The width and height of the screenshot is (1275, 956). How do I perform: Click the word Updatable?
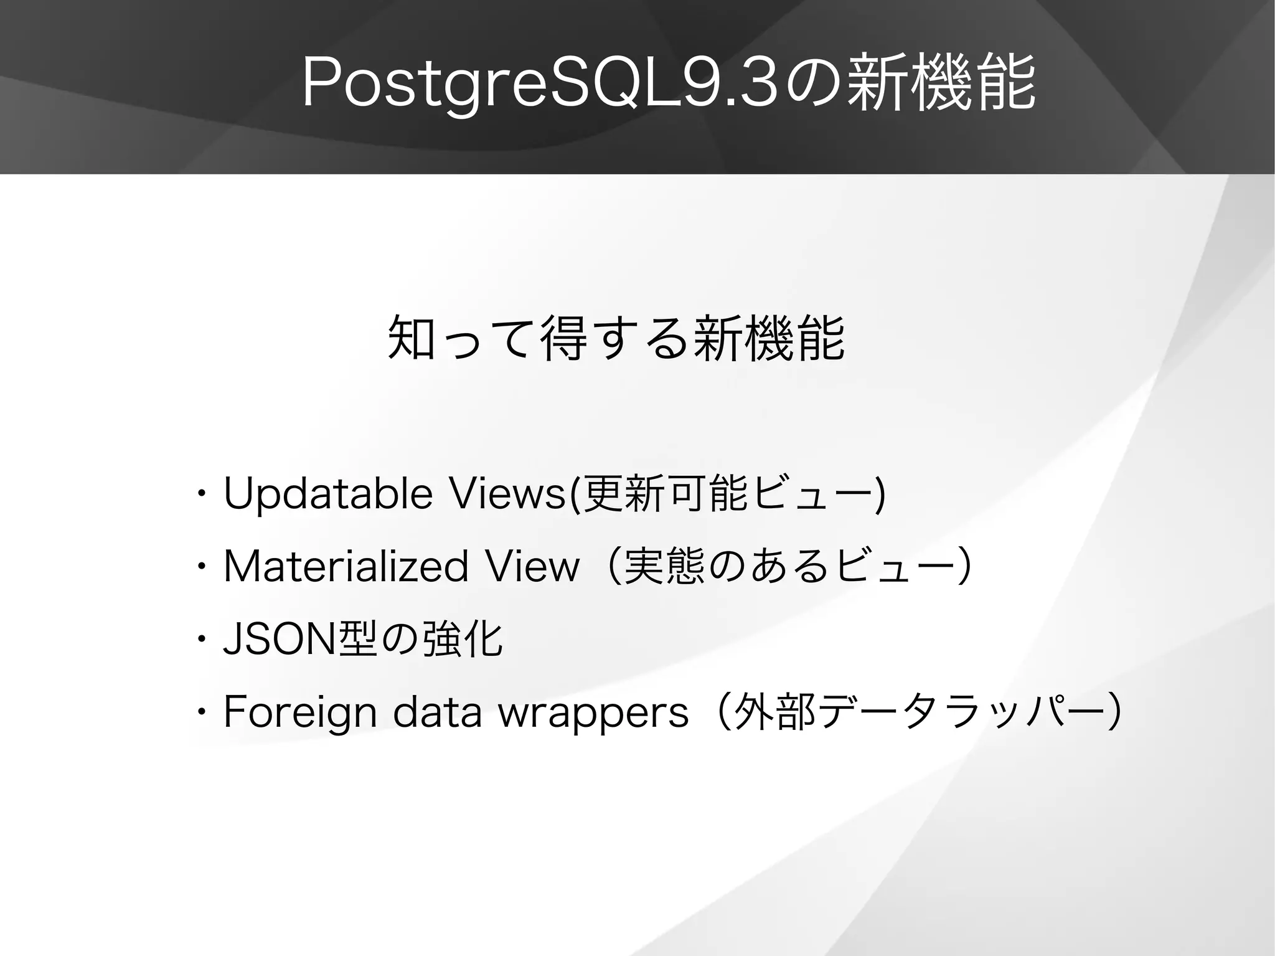click(x=327, y=494)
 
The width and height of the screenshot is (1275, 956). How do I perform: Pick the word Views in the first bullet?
click(x=507, y=494)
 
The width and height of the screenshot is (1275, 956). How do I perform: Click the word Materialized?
click(x=346, y=567)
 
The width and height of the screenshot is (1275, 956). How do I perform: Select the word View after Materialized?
click(x=532, y=567)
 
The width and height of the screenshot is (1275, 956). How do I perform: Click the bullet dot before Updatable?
click(x=200, y=495)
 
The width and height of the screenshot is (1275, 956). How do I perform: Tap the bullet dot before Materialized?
click(x=200, y=568)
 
